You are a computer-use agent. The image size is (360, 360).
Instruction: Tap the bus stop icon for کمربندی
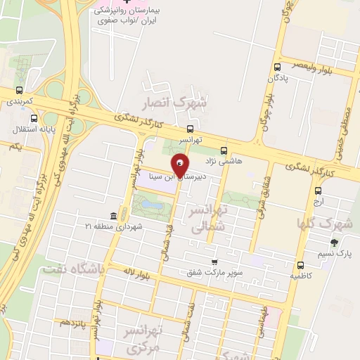coord(19,90)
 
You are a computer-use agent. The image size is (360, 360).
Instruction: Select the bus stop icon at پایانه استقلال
coord(19,117)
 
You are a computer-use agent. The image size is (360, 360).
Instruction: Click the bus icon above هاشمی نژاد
coord(224,150)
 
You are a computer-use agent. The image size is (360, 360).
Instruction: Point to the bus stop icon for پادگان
coord(276,67)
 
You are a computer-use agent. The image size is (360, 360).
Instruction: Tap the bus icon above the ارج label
coord(319,189)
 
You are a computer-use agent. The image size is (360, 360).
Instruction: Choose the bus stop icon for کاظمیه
coord(301,265)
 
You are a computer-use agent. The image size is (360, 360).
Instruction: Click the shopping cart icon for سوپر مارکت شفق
coord(214,262)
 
